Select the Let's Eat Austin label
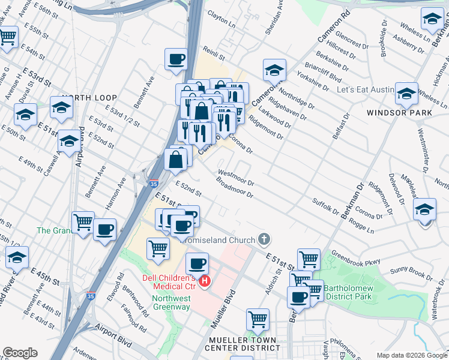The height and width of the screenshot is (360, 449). [365, 90]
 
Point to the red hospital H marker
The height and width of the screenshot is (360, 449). [205, 281]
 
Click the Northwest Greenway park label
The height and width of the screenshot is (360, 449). [171, 302]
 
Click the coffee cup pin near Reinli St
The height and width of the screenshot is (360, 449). [176, 59]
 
